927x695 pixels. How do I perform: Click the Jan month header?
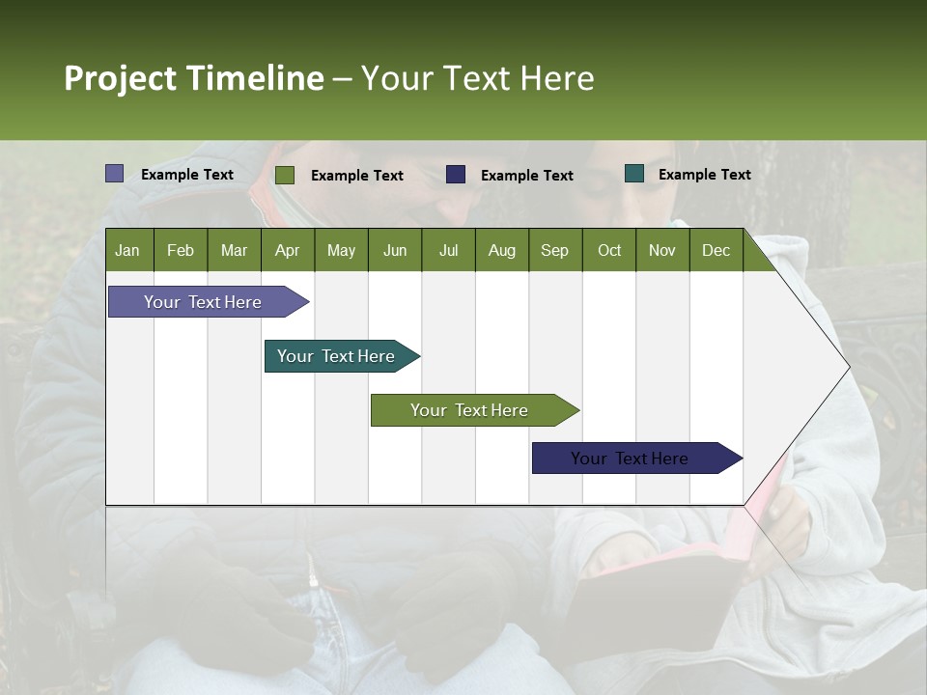[128, 250]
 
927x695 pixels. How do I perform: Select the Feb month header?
[181, 250]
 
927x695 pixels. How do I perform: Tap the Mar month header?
[234, 250]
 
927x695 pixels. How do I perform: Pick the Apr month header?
[288, 250]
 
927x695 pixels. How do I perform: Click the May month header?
[341, 250]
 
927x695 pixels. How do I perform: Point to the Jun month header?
[395, 250]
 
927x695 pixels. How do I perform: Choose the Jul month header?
[448, 250]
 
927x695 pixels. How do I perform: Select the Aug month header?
[502, 250]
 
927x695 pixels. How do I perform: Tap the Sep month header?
[555, 250]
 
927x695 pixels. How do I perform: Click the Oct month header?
[609, 250]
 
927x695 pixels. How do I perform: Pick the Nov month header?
[662, 250]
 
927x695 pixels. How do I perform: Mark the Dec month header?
[716, 250]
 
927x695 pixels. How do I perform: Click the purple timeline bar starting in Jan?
[204, 302]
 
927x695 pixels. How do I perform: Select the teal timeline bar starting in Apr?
[337, 356]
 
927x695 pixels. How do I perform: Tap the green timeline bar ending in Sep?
[470, 410]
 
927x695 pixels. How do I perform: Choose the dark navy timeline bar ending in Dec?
[631, 459]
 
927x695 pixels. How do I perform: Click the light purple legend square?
[114, 174]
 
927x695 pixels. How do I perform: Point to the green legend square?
[284, 175]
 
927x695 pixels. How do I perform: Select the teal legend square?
[634, 174]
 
